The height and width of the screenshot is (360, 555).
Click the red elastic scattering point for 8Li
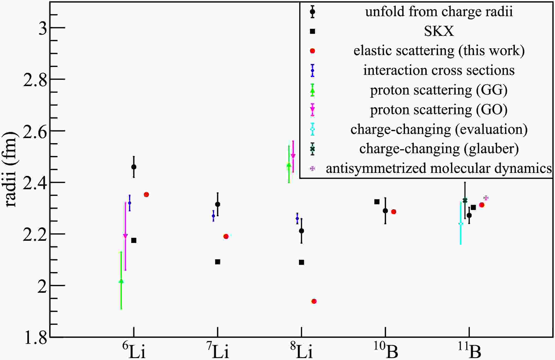[x=314, y=301]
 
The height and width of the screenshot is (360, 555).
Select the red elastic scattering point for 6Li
[x=146, y=194]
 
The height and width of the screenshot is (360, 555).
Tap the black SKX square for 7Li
[x=218, y=262]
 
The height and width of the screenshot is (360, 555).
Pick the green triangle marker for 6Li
[x=121, y=281]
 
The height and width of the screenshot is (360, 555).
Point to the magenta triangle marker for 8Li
[x=293, y=156]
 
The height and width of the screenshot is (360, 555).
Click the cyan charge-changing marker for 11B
[x=460, y=224]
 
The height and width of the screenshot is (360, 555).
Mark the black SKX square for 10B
[x=377, y=202]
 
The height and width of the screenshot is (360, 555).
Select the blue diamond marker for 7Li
[x=213, y=216]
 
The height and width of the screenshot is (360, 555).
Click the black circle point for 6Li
[x=134, y=167]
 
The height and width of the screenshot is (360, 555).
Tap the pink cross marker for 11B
[x=486, y=198]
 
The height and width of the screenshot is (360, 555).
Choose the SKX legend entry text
[x=439, y=31]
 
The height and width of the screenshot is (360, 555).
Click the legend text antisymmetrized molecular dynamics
[x=439, y=169]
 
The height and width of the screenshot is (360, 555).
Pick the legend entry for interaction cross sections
[x=439, y=70]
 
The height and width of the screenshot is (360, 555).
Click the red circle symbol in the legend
[x=313, y=51]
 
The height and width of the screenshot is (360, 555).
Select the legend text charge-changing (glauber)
[x=439, y=149]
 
